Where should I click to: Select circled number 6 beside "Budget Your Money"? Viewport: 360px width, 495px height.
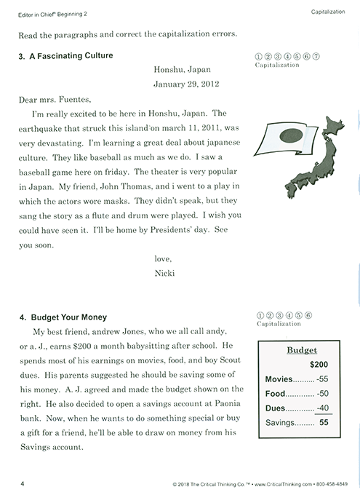pos(309,314)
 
